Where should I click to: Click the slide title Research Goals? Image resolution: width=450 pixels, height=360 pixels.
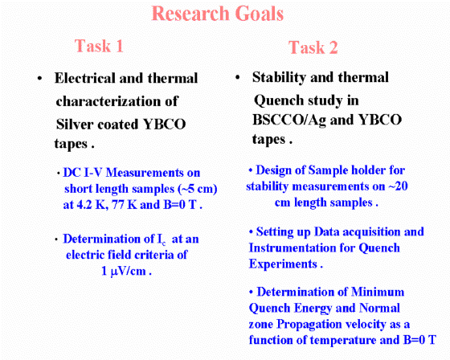click(217, 14)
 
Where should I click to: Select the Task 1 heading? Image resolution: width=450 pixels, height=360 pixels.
click(99, 46)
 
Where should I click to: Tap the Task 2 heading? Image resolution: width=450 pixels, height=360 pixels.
click(313, 47)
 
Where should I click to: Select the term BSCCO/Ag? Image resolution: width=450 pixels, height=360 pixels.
click(289, 120)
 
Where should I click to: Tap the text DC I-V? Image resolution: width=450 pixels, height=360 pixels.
click(83, 173)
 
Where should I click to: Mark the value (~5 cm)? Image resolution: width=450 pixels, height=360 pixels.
click(198, 189)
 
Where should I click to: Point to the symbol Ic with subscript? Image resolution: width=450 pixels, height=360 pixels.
click(162, 239)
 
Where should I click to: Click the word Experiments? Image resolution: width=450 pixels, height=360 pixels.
click(283, 264)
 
